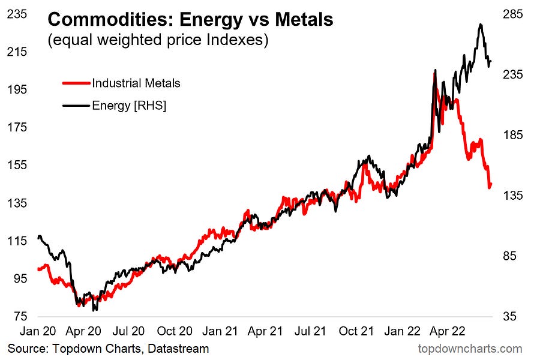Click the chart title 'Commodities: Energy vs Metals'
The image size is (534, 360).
(x=190, y=19)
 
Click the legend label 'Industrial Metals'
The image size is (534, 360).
(x=136, y=83)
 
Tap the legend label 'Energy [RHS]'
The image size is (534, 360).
(x=128, y=106)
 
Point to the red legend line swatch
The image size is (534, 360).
(x=76, y=83)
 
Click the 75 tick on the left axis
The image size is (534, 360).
(x=18, y=316)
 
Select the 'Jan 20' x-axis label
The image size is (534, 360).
(x=38, y=331)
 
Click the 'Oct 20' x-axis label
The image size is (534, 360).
(x=175, y=331)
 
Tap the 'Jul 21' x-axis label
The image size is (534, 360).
(x=311, y=331)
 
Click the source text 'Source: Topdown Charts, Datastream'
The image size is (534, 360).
(x=108, y=349)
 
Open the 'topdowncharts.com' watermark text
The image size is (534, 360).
(x=470, y=349)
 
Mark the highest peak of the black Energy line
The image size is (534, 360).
(x=481, y=25)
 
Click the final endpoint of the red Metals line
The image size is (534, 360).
(x=490, y=185)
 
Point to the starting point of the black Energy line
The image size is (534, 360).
(x=38, y=237)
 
